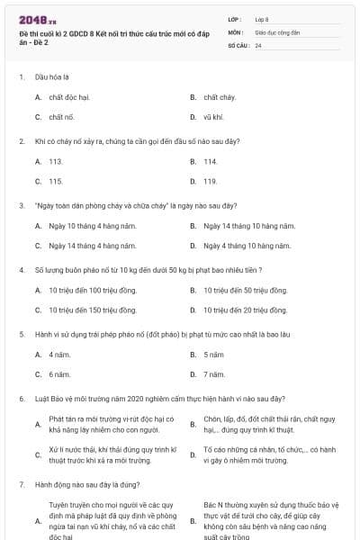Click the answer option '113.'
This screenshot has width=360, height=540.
56,161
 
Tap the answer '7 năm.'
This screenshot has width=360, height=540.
214,373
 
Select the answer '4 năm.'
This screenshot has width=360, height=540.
59,354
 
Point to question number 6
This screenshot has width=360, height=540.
21,399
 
